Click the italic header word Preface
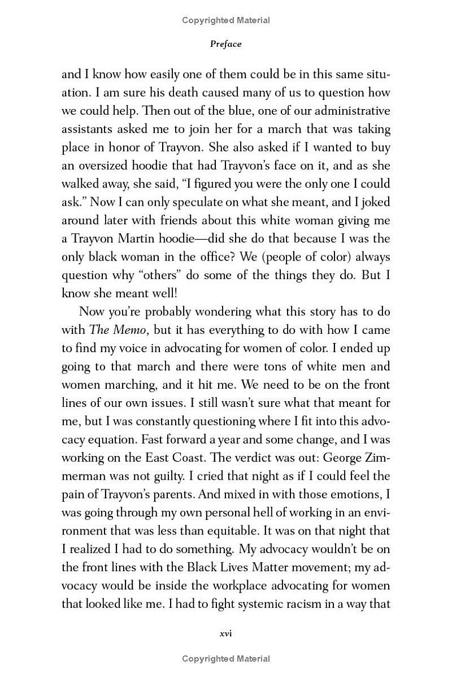(225, 44)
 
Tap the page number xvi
(225, 633)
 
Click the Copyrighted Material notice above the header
(225, 20)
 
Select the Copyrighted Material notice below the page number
(225, 658)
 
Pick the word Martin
(148, 238)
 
